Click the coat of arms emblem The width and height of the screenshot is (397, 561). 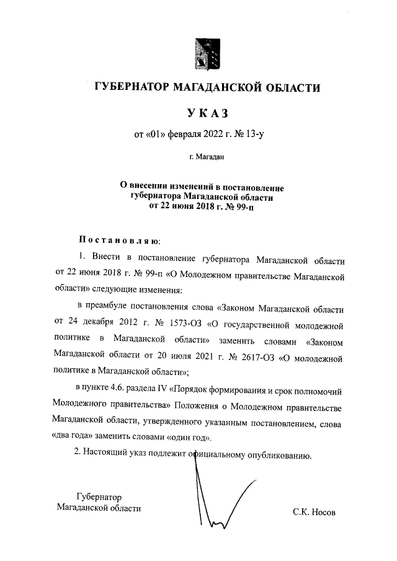[207, 54]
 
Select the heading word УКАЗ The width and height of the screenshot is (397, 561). [207, 113]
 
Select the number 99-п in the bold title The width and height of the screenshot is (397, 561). [243, 208]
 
